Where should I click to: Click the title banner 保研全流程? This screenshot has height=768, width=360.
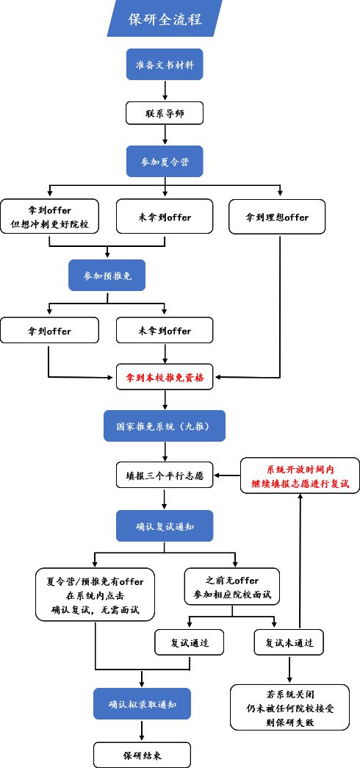[165, 18]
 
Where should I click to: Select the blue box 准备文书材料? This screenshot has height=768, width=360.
[165, 65]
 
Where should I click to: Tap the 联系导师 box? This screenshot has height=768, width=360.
[165, 112]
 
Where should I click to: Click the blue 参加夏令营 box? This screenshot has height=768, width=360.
[165, 161]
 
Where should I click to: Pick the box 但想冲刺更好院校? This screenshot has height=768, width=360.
[49, 217]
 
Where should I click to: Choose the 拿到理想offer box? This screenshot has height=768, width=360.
[277, 217]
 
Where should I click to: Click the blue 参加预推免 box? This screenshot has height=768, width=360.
[108, 276]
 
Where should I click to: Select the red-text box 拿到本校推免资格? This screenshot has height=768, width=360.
[165, 378]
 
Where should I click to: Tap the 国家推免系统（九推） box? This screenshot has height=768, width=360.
[165, 426]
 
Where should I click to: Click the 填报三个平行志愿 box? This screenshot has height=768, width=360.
[165, 475]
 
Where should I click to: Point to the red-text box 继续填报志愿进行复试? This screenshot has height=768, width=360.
[300, 475]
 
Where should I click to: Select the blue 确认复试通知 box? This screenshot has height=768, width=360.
[165, 525]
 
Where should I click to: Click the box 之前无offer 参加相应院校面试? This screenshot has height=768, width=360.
[232, 586]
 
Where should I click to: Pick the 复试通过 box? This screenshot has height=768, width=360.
[191, 642]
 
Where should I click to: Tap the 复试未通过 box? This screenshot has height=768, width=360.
[289, 642]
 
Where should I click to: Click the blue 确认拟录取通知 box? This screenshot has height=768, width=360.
[142, 704]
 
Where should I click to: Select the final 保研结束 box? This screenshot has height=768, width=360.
[142, 755]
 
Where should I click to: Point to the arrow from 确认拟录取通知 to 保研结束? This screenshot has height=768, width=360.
[142, 731]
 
